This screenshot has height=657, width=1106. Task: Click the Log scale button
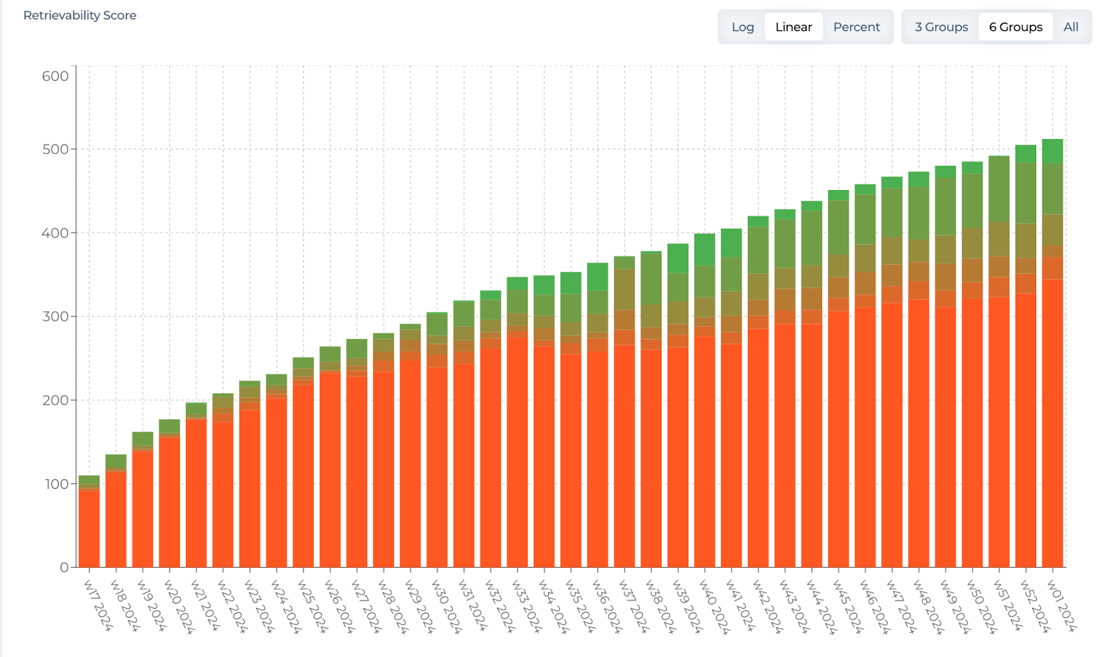[x=742, y=27]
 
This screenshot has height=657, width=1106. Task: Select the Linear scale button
[x=794, y=27]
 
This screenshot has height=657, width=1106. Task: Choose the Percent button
[x=856, y=27]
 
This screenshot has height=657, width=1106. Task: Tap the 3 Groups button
[x=941, y=27]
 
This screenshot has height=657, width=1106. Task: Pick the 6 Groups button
[x=1015, y=27]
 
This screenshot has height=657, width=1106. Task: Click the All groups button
[x=1071, y=27]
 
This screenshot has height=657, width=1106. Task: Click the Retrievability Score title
[x=79, y=15]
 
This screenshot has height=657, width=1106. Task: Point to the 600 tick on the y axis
[x=55, y=76]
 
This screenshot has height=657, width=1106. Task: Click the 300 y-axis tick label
[x=55, y=316]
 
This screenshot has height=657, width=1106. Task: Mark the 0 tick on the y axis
[x=64, y=567]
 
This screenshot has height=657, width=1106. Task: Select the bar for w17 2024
[x=89, y=526]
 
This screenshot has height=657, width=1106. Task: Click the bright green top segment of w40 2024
[x=704, y=250]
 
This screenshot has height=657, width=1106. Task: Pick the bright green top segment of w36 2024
[x=597, y=277]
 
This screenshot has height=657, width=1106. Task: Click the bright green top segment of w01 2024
[x=1052, y=151]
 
